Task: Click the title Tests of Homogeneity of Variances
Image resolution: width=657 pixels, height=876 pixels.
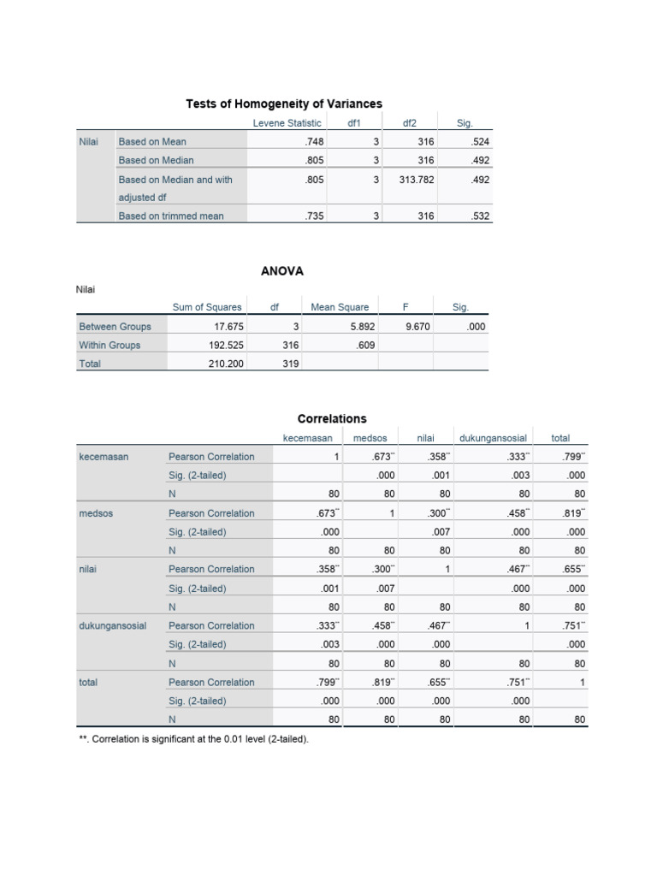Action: coord(284,104)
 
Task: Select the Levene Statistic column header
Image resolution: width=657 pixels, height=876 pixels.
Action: coord(287,123)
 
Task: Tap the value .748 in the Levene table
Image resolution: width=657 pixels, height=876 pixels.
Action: coord(313,142)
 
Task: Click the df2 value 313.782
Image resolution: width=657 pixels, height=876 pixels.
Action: coord(417,180)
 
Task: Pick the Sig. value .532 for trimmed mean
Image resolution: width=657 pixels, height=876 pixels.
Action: coord(480,216)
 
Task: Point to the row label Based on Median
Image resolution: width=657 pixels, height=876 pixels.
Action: coord(157,160)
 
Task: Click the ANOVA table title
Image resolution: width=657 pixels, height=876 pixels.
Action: coord(282,271)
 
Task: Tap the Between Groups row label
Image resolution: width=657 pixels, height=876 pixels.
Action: coord(115,326)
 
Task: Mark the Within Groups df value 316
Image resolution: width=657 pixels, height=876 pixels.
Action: coord(289,345)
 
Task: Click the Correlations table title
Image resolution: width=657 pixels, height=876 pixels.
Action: coord(332,418)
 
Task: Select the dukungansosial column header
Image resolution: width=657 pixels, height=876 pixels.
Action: coord(493,438)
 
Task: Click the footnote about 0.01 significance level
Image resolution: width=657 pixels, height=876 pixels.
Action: coord(193,738)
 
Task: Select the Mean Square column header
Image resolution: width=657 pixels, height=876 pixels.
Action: coord(340,307)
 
